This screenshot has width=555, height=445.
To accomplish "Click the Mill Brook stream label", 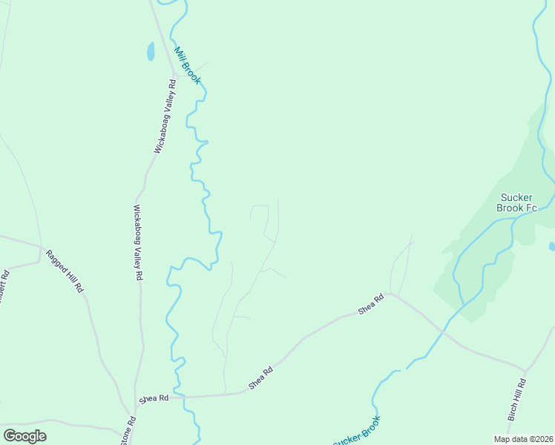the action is pos(188,65).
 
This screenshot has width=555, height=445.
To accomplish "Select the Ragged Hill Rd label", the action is pos(65,270).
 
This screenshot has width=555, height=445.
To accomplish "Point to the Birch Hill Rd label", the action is pos(517,400).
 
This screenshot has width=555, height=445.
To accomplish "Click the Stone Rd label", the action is pos(128,431).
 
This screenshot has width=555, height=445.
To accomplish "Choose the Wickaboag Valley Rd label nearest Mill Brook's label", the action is pos(165,116).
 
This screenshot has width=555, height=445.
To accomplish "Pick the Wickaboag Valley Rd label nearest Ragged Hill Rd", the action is pos(137,243).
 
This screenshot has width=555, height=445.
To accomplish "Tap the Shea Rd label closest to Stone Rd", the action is pos(154,398).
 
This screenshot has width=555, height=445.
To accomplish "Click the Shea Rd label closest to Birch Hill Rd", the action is pos(371,304).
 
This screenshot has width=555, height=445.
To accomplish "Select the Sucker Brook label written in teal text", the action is pos(357,432).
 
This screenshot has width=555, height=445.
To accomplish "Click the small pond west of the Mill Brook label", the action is pos(151,51).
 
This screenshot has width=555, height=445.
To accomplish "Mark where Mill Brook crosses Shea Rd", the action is pos(179,397).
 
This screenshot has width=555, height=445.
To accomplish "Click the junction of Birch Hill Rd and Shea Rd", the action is pos(525,371).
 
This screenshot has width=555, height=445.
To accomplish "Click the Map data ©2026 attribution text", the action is pos(523,439).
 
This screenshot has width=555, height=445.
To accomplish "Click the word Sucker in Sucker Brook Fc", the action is pos(516,197).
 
